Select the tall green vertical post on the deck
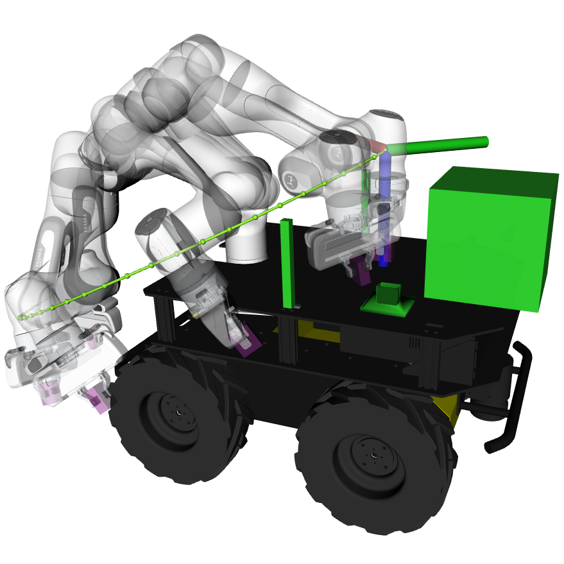point(287,263)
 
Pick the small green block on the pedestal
point(388,293)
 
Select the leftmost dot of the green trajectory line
point(21,317)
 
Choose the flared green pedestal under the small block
point(387,306)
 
